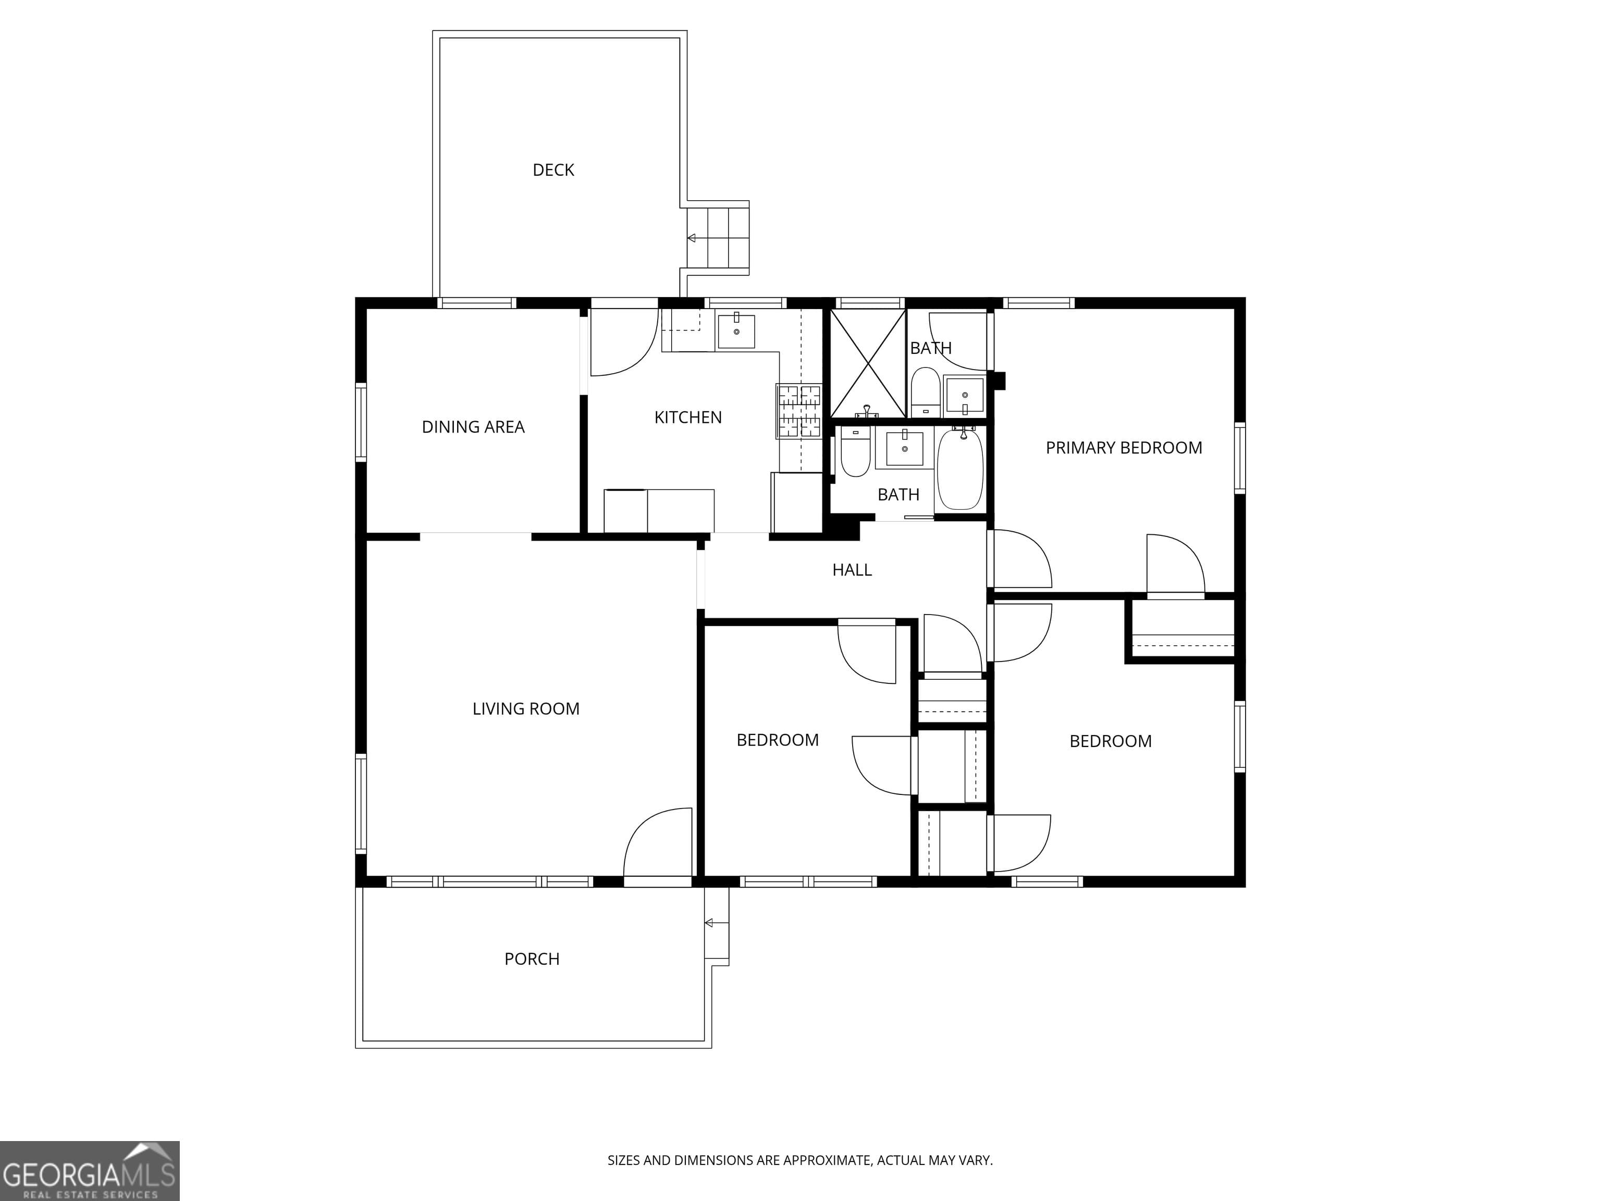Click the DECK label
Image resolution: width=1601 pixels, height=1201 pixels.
[553, 170]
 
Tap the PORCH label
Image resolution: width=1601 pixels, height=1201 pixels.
[532, 959]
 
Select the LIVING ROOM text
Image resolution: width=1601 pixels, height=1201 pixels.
[526, 709]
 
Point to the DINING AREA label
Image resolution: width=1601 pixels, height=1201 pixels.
[473, 427]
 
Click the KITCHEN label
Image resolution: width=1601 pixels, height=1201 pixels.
[687, 418]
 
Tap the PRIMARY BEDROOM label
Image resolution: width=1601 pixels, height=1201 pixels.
[1123, 448]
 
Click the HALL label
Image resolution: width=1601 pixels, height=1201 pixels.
[852, 570]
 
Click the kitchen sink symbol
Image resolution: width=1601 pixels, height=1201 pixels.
[736, 331]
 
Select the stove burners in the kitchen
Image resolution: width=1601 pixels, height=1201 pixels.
[799, 411]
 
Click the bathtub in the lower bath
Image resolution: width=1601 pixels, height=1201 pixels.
[960, 469]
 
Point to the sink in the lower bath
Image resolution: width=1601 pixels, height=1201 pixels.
[904, 449]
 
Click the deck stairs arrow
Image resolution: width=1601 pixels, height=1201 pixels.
[692, 238]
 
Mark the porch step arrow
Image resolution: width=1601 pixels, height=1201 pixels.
[709, 923]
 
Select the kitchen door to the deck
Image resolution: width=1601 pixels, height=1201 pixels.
[624, 344]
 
